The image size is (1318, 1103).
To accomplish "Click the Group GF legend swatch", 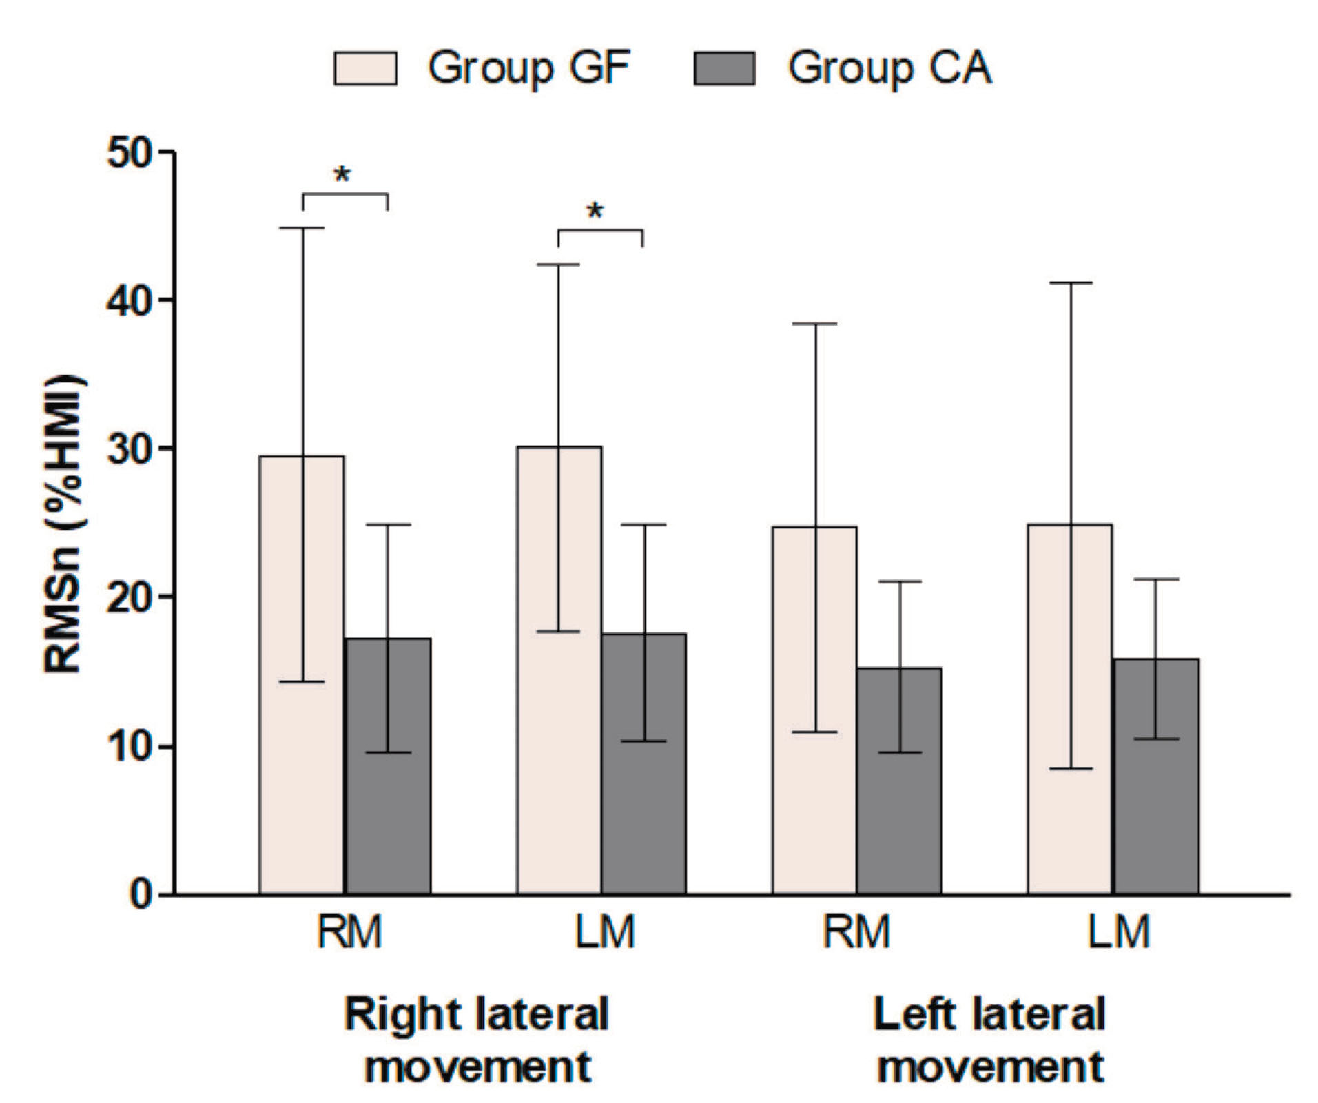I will pyautogui.click(x=365, y=68).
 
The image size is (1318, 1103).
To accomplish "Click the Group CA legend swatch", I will pyautogui.click(x=724, y=68).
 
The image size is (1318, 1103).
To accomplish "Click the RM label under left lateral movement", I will pyautogui.click(x=856, y=931).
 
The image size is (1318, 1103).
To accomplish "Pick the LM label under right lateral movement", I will pyautogui.click(x=604, y=931).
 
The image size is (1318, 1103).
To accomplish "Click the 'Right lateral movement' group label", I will pyautogui.click(x=477, y=1040).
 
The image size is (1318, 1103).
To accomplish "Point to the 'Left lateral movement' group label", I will pyautogui.click(x=989, y=1040).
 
